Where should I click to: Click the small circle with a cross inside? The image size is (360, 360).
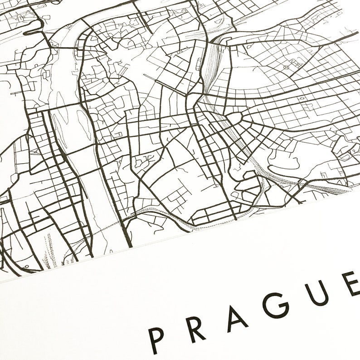tap(287, 67)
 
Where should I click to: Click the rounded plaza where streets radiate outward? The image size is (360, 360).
tap(233, 119)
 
